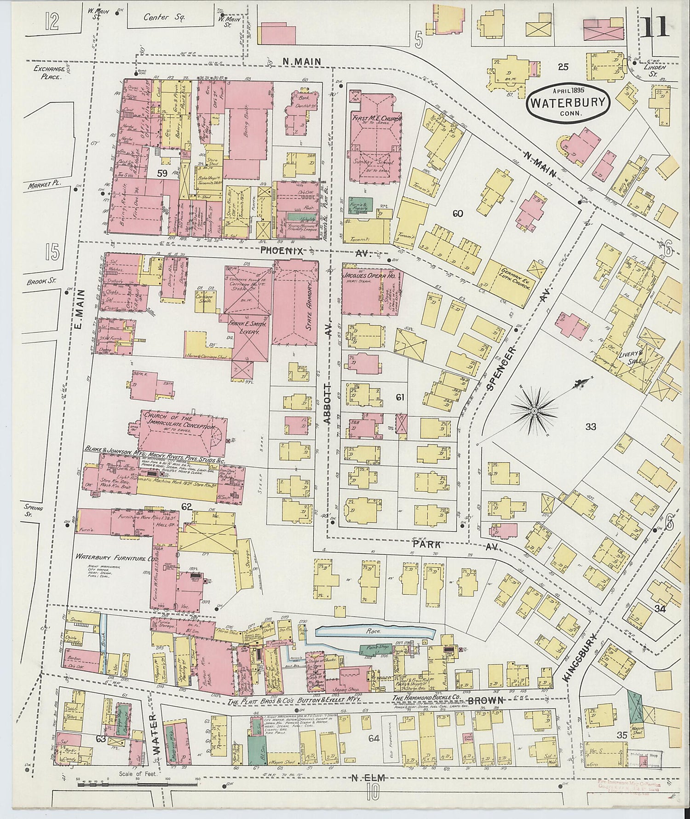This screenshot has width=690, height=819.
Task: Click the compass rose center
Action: (x=534, y=410)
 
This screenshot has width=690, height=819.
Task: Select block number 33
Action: (x=591, y=427)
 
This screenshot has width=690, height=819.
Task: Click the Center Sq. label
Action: (x=157, y=18)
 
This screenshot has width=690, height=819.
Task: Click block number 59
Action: (x=162, y=174)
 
